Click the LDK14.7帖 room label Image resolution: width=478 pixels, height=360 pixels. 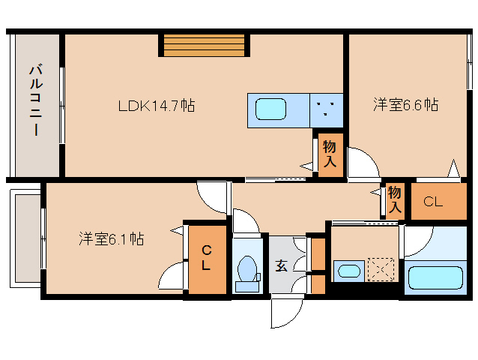point(156,106)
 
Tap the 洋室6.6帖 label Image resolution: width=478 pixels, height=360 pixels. point(405,105)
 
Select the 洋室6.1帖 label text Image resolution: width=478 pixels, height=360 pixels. point(112,239)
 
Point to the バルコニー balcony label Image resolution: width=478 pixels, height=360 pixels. point(34,100)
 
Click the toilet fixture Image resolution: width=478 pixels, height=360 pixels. point(246,271)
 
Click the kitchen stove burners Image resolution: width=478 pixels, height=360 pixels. point(326,109)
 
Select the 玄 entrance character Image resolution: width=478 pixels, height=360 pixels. point(281,265)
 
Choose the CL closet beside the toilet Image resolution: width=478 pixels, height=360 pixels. point(205,258)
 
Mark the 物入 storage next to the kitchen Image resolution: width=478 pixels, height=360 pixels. point(329,154)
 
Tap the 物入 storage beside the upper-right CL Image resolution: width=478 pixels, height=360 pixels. point(395,200)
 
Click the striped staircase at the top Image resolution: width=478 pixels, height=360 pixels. point(205,45)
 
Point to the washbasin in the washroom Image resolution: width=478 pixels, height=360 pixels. point(347,269)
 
